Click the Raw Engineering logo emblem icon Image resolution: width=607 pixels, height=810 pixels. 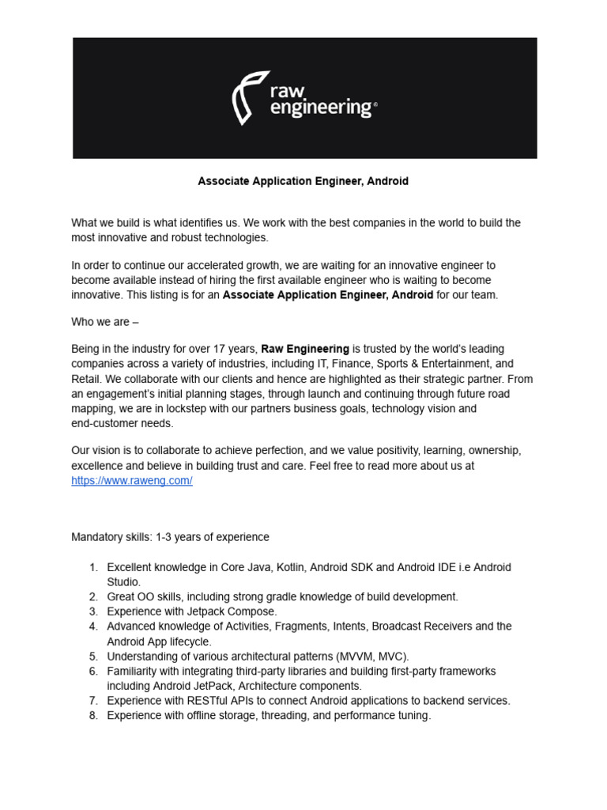click(x=247, y=97)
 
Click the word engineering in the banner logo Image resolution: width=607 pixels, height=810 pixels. click(x=320, y=108)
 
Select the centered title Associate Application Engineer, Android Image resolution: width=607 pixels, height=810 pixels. click(x=303, y=181)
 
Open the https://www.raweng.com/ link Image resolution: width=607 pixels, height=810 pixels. click(x=132, y=481)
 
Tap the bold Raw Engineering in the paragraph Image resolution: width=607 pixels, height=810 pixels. click(x=305, y=349)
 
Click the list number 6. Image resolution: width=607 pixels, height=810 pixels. click(x=92, y=671)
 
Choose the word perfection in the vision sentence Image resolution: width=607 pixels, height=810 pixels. click(x=295, y=450)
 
